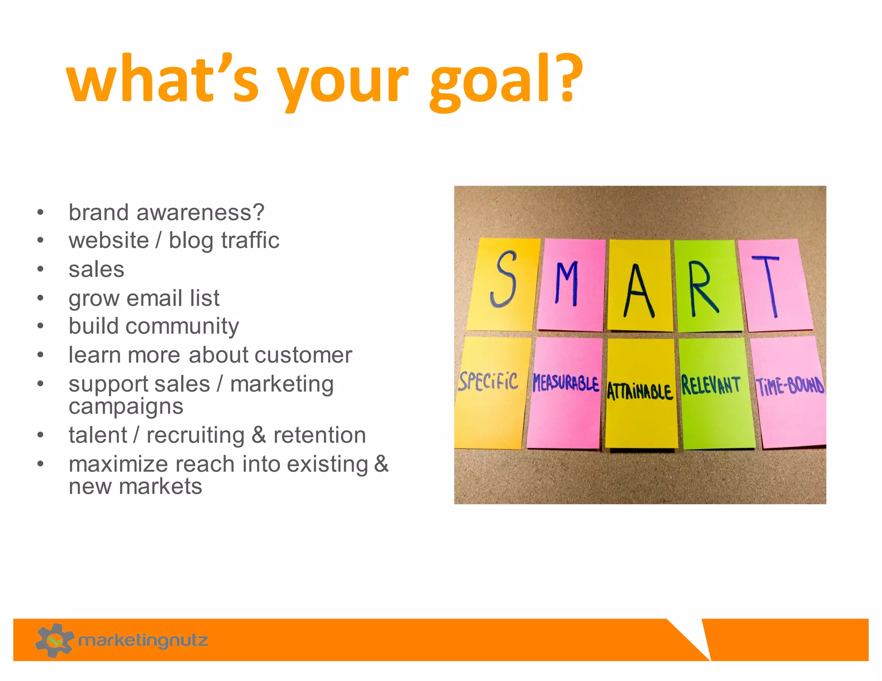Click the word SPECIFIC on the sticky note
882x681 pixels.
(488, 381)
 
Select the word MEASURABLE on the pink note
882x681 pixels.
(565, 383)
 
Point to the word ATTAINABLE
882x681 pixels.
(640, 391)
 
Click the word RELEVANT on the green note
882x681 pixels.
(711, 385)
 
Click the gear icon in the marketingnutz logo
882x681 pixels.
(54, 640)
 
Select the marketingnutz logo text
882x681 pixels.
(143, 640)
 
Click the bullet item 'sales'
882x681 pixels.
(96, 270)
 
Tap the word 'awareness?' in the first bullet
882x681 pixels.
(200, 213)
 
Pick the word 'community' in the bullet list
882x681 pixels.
(182, 326)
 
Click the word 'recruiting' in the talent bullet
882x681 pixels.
(196, 436)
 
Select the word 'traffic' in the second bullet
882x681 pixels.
(250, 240)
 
